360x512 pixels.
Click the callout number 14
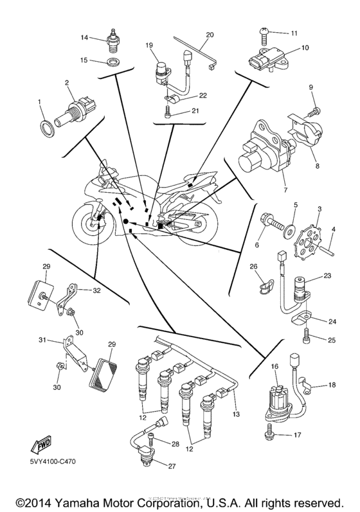click(x=92, y=38)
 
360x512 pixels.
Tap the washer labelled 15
click(x=113, y=62)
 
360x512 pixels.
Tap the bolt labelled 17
click(x=267, y=435)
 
